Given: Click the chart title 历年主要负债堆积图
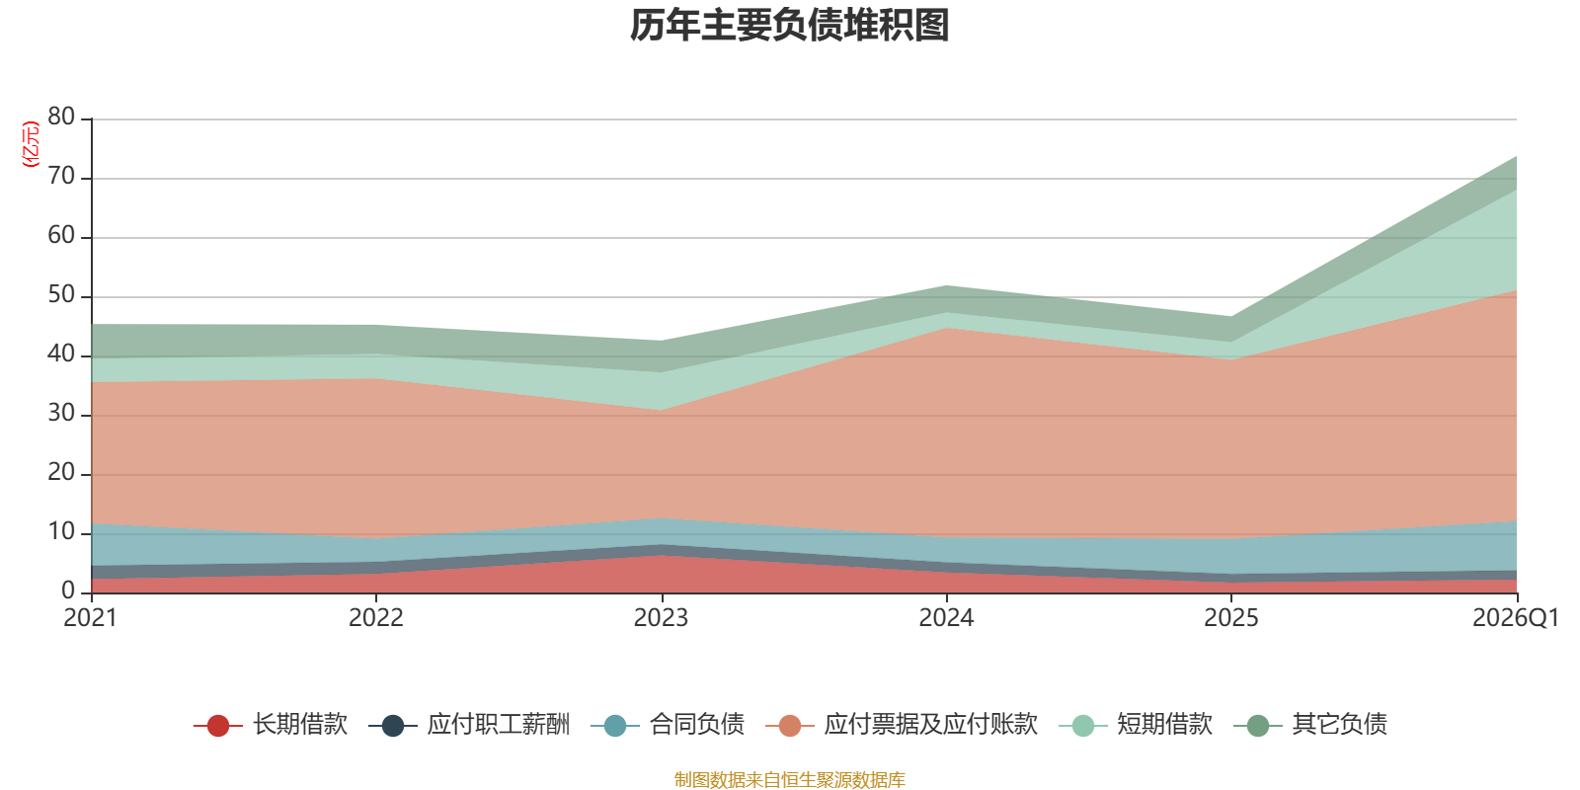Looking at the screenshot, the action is click(x=789, y=26).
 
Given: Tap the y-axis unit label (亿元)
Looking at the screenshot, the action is click(x=31, y=144).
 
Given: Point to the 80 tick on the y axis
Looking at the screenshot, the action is click(x=61, y=117).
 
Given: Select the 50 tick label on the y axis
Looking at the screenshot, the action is click(x=61, y=294).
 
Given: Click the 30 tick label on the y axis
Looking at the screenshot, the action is click(x=61, y=413).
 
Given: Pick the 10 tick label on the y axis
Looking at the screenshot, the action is click(x=61, y=531).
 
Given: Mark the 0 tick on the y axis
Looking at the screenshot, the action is click(x=68, y=591).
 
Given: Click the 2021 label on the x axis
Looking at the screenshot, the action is click(x=90, y=618).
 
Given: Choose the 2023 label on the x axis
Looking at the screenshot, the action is click(x=661, y=618).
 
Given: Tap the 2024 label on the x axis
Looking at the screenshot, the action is click(x=946, y=618).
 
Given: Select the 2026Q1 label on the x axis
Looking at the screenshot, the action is click(x=1516, y=618).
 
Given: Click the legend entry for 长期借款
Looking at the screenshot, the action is click(x=271, y=725).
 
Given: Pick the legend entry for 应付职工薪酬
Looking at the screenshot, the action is click(x=469, y=725).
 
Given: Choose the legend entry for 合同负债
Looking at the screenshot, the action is click(x=668, y=725).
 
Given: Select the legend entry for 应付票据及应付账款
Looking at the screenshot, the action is click(x=902, y=725).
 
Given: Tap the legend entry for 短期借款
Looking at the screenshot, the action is click(x=1136, y=725).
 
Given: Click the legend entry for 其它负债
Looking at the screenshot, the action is click(x=1310, y=725).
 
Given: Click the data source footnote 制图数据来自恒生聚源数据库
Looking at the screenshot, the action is click(x=789, y=779).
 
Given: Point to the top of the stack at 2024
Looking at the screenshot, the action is click(x=947, y=285).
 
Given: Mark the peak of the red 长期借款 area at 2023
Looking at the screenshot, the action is click(x=662, y=555).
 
